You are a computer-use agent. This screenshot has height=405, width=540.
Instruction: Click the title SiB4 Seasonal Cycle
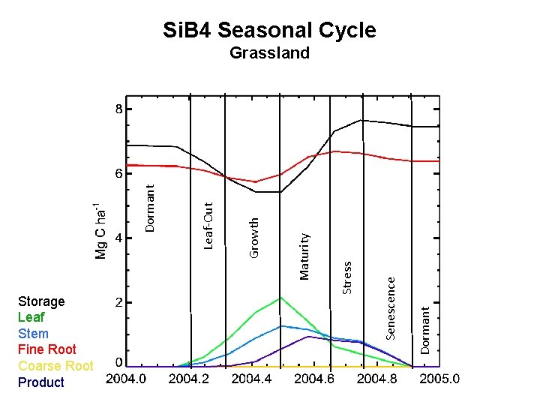click(269, 30)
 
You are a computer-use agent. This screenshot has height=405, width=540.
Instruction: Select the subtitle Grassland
click(269, 53)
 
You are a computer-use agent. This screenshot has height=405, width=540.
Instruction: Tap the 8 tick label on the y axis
click(118, 109)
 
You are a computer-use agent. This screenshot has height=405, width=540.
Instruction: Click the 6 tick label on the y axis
click(118, 173)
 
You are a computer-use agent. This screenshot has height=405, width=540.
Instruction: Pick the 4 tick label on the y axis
click(118, 238)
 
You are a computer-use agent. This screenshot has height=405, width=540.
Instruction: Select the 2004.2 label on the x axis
click(189, 379)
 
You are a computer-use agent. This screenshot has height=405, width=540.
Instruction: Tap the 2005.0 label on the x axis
click(439, 379)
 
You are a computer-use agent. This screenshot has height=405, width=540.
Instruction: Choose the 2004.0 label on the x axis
click(126, 379)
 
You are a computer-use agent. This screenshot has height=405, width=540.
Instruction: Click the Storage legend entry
click(41, 301)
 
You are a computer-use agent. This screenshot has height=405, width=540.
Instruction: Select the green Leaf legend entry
click(31, 317)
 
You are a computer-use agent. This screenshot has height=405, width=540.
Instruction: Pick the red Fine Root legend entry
click(46, 349)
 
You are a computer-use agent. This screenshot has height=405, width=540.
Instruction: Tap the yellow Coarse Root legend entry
click(55, 366)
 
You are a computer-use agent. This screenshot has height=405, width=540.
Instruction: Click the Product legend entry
click(41, 382)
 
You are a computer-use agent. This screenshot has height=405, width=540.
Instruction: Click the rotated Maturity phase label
click(304, 256)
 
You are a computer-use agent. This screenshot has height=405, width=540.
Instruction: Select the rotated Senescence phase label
click(391, 307)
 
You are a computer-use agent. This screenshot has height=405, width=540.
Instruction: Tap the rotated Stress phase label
click(347, 277)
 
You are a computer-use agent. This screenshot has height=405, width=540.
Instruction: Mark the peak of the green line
click(281, 298)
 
